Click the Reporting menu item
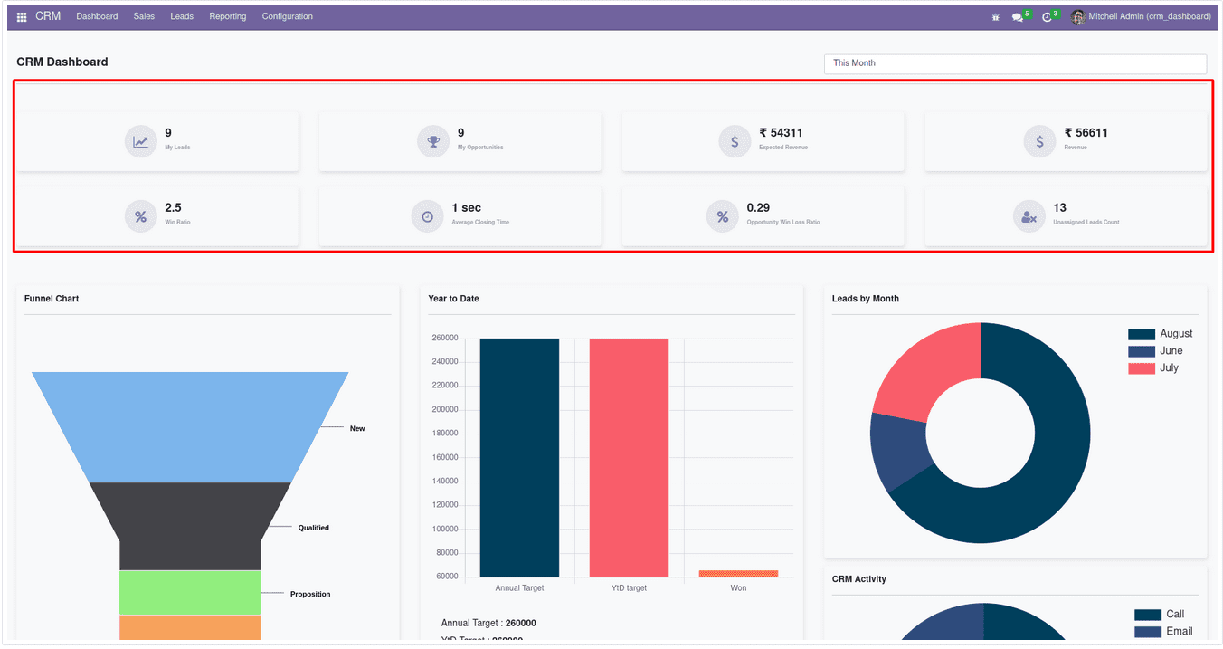(227, 16)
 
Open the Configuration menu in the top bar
(287, 16)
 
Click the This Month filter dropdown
(1014, 63)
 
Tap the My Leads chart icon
(140, 141)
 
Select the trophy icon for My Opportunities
(433, 141)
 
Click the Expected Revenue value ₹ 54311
(781, 133)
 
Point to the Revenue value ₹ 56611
(1086, 133)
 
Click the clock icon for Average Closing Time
(427, 216)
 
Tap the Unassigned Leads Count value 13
(1059, 208)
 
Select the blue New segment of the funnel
(190, 425)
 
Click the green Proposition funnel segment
(190, 592)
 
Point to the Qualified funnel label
(313, 528)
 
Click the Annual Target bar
(519, 457)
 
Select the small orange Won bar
(738, 573)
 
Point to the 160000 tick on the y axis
(445, 457)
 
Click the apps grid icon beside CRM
(22, 17)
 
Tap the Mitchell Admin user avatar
(1077, 16)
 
